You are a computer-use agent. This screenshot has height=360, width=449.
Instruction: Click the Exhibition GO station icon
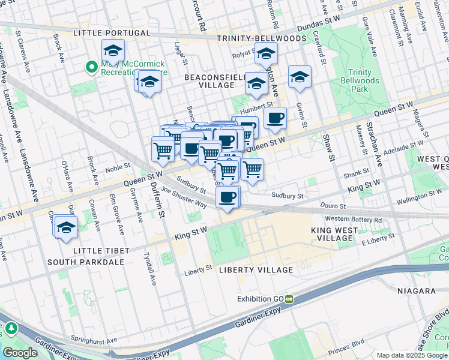click(289, 299)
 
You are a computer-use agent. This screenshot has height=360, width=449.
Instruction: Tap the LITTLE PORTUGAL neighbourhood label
click(111, 32)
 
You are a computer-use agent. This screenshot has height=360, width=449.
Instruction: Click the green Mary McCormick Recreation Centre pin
click(91, 67)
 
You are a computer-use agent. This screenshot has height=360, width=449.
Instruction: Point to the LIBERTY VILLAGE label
click(256, 270)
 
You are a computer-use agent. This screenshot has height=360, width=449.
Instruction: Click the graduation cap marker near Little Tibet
click(65, 229)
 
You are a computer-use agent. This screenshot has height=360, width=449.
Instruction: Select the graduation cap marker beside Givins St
click(300, 77)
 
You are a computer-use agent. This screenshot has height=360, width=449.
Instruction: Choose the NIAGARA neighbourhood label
click(416, 290)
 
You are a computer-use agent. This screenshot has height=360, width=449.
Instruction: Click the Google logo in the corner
click(20, 353)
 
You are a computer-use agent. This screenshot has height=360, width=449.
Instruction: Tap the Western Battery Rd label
click(354, 220)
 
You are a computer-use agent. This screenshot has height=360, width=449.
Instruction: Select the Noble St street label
click(118, 165)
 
